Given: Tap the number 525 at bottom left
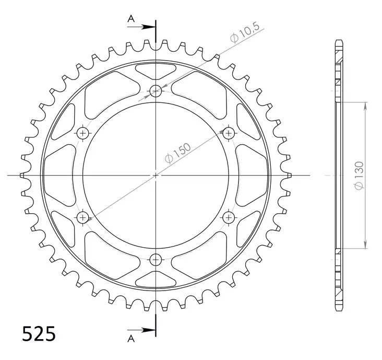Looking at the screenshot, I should [39, 334].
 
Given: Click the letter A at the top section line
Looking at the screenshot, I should [132, 19].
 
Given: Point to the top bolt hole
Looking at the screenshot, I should [156, 91].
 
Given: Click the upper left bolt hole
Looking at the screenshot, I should [83, 133].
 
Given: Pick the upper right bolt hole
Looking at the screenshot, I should [228, 133].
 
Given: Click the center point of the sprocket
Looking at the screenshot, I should [156, 175].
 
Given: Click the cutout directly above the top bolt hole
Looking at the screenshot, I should [156, 71].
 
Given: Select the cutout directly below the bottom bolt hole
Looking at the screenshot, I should [156, 279].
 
